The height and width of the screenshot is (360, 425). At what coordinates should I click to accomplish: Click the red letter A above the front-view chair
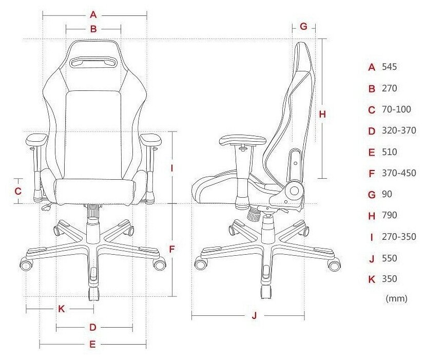93,14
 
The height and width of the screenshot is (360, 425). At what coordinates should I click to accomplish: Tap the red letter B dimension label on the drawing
93,29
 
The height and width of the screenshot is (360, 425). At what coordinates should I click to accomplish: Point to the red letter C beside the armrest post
17,191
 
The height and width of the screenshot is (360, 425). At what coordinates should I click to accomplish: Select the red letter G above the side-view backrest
303,26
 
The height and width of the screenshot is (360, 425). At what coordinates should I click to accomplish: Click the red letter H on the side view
322,115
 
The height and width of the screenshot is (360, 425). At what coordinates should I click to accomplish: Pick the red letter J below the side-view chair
254,316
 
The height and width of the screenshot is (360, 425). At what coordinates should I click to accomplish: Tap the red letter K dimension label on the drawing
61,309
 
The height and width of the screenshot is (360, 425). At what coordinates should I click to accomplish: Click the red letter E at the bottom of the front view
92,345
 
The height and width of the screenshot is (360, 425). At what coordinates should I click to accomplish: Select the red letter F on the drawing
172,250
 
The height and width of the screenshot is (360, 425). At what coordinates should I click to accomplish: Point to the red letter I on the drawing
172,168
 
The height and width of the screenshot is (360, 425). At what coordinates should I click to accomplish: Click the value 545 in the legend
390,67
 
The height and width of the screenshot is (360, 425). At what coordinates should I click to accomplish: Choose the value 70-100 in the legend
396,109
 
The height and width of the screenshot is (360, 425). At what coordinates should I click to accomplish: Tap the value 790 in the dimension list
390,215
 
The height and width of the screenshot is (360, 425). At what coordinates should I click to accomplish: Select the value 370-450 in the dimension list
399,173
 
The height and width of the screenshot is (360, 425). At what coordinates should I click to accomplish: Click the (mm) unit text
396,298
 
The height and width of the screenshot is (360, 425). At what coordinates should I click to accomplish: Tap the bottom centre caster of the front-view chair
93,293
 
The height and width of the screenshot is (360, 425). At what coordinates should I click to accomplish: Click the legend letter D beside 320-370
372,131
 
